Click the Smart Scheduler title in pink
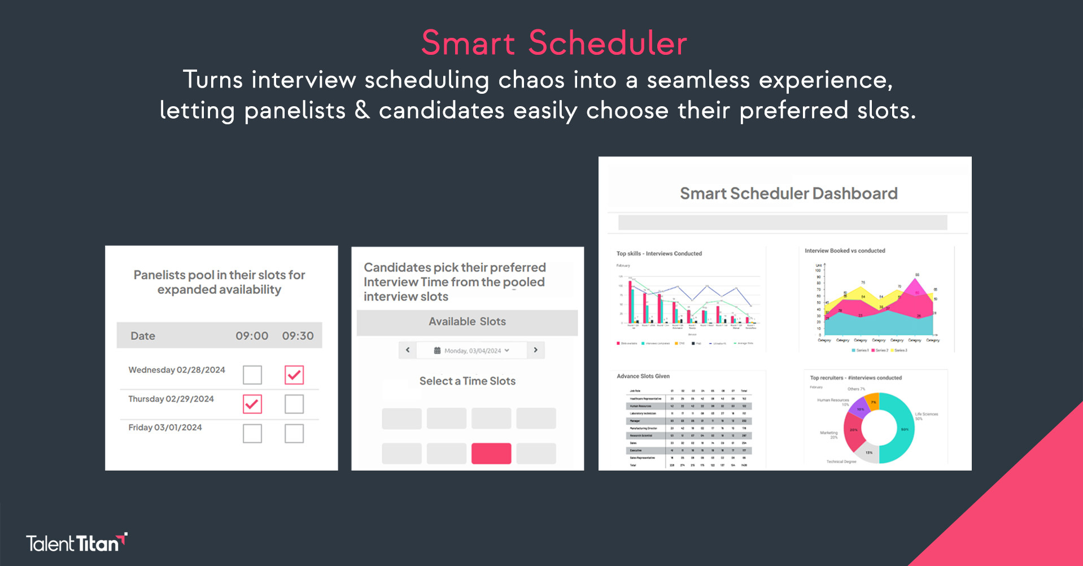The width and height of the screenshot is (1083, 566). click(x=554, y=43)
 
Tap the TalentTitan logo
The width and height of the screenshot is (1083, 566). click(x=76, y=543)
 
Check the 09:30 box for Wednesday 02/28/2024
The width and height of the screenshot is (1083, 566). click(x=294, y=375)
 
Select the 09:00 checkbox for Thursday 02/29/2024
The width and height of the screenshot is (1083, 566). click(x=252, y=404)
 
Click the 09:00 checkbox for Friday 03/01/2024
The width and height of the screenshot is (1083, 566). click(x=252, y=433)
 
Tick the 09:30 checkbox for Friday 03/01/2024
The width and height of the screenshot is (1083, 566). click(x=294, y=433)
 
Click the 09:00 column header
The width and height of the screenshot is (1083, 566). click(x=252, y=336)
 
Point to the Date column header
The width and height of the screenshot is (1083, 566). click(x=143, y=336)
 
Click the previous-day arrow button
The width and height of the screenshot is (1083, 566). click(x=408, y=350)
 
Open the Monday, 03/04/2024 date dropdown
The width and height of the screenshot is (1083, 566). click(x=471, y=351)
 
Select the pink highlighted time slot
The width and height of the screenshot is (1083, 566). click(x=491, y=454)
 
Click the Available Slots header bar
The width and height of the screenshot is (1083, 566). click(x=467, y=322)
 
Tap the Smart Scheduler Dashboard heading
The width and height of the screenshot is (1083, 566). click(x=788, y=194)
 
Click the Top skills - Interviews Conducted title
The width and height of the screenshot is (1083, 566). click(x=659, y=254)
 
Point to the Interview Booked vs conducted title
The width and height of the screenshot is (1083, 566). click(x=845, y=251)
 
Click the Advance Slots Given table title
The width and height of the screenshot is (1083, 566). click(x=643, y=376)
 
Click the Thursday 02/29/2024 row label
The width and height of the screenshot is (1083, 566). click(x=171, y=399)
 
